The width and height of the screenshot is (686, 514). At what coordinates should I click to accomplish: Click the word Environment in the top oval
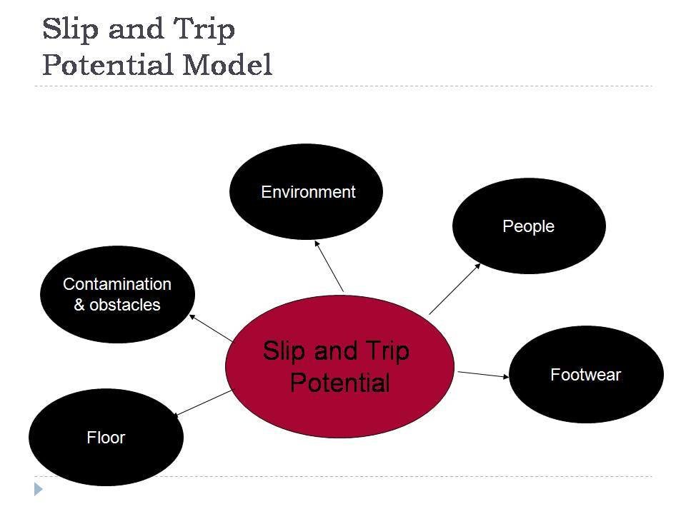(308, 192)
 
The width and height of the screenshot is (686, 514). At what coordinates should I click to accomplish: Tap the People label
(529, 226)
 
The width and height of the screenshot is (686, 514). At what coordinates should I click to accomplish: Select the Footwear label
(586, 375)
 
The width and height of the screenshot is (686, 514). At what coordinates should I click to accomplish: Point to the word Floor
(106, 438)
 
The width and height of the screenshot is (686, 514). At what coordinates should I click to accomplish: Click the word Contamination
(117, 284)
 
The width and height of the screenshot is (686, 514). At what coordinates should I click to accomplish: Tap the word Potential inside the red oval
(340, 383)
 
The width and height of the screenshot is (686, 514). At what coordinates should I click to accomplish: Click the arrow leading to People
(455, 288)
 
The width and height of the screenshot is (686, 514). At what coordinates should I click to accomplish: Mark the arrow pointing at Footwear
(483, 374)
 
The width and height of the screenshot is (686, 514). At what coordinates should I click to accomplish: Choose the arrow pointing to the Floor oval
(202, 403)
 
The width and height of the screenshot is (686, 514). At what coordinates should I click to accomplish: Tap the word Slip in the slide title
(68, 30)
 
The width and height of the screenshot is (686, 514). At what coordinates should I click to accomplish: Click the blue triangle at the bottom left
(39, 489)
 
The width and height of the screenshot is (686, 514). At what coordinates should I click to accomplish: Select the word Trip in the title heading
(205, 30)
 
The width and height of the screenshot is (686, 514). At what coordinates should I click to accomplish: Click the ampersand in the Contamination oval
(79, 305)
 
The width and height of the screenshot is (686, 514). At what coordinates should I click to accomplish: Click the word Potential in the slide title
(108, 66)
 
